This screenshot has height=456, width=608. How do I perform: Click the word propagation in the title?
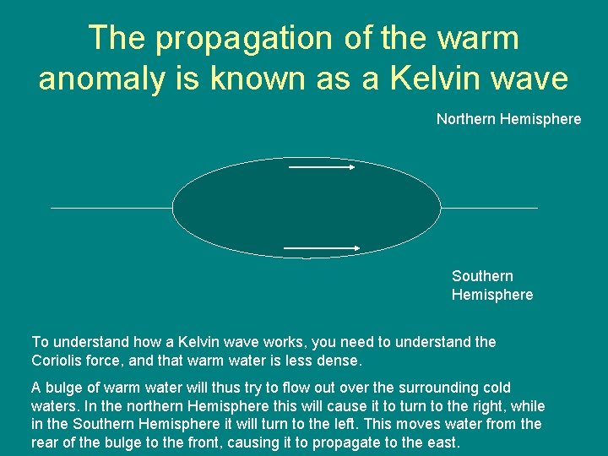click(222, 38)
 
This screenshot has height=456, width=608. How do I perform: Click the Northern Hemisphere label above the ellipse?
click(508, 119)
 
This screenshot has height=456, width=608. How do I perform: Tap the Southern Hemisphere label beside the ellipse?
click(492, 285)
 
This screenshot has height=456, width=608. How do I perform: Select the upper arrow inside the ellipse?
click(322, 167)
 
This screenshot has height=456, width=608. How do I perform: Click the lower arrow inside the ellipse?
click(322, 247)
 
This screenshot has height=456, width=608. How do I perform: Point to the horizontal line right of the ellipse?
click(489, 208)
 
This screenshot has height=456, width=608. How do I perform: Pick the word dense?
click(338, 361)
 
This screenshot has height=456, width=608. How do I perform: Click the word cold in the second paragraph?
click(496, 388)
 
